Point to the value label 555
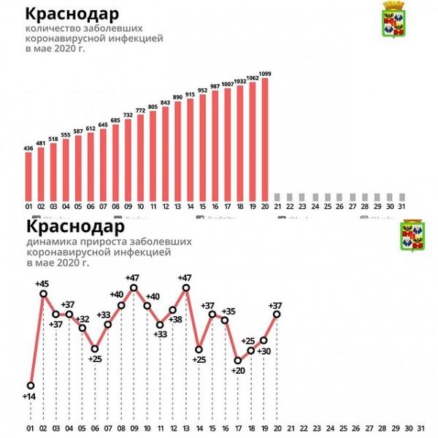[66, 134]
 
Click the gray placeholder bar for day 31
[401, 197]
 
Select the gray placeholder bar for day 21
[277, 197]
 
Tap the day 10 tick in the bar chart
[140, 207]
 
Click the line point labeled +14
[31, 385]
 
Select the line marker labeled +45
[43, 293]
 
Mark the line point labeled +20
[238, 360]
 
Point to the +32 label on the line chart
[82, 319]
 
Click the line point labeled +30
[264, 340]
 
